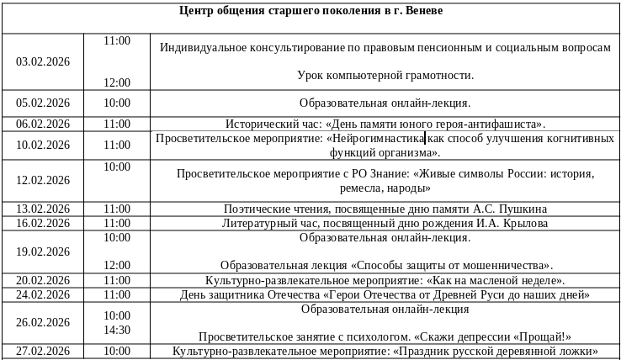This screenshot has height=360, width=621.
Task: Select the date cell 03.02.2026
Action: click(x=43, y=61)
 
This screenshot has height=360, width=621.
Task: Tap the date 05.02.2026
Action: click(x=43, y=103)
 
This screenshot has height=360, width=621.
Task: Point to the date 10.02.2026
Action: click(x=43, y=145)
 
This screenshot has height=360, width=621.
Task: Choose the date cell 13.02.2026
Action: click(x=43, y=209)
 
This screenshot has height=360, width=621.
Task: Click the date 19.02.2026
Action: click(x=43, y=251)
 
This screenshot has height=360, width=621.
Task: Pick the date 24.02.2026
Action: click(x=43, y=294)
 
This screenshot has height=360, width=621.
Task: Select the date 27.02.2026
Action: click(x=43, y=351)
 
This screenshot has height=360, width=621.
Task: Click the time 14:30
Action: click(x=117, y=330)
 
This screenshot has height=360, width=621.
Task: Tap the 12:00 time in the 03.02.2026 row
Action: click(x=117, y=82)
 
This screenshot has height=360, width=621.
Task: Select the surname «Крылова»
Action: click(x=525, y=223)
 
